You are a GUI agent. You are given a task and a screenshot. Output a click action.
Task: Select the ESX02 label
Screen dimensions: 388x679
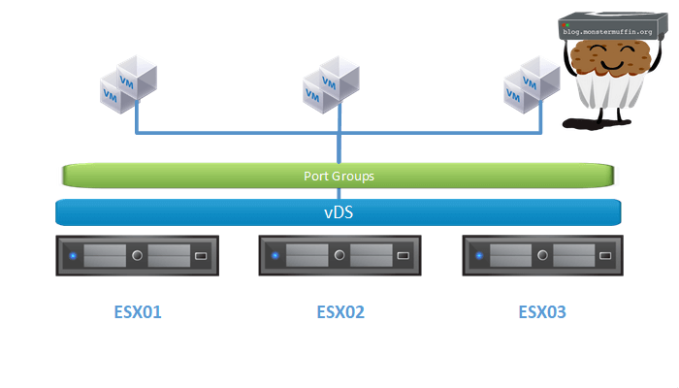tap(340, 312)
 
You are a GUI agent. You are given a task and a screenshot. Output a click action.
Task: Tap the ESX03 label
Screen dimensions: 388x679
tap(542, 312)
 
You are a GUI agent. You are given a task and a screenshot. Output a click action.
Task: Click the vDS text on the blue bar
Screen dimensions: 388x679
tap(339, 211)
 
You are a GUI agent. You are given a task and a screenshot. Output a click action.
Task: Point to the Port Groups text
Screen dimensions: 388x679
tap(339, 177)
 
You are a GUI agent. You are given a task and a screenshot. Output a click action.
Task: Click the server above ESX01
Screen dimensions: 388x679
tap(138, 257)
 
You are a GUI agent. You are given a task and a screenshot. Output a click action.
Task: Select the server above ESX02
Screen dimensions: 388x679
tap(339, 257)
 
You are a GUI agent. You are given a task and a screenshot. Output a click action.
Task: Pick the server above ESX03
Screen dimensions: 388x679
tap(541, 257)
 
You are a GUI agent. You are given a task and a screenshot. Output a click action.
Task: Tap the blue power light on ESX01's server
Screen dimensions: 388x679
tap(73, 257)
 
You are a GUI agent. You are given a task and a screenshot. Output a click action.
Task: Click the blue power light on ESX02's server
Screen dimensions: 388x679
tap(275, 257)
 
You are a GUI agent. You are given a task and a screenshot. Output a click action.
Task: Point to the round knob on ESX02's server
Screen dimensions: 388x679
tap(339, 257)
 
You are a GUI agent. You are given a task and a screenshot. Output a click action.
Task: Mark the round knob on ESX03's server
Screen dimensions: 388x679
tap(541, 257)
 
